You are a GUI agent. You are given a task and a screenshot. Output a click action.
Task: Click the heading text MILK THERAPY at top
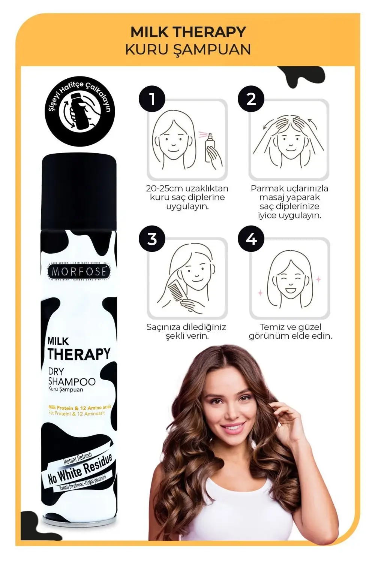pos(188,32)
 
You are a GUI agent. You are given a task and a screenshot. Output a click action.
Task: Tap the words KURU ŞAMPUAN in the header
pos(188,50)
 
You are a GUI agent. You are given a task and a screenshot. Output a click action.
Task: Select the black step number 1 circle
pos(152,99)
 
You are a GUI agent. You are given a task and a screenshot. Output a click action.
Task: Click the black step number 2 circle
pos(251,99)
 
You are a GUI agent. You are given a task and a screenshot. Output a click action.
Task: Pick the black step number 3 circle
pos(152,239)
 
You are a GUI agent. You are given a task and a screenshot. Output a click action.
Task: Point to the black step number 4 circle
pos(251,239)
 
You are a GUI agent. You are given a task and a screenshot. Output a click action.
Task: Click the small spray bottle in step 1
pos(209,148)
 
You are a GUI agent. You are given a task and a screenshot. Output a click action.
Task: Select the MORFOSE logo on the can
pos(79,271)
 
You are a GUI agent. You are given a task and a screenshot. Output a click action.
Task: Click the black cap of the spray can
pos(79,191)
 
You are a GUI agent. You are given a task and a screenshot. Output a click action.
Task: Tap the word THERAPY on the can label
pos(79,354)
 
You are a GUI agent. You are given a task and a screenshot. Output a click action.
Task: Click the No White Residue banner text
pos(80,469)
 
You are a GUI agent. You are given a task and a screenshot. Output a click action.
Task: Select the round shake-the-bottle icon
pos(79,112)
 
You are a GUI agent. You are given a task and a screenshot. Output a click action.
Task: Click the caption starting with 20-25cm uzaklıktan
pos(187,197)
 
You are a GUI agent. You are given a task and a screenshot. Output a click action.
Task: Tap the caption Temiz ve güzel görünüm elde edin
pos(290,331)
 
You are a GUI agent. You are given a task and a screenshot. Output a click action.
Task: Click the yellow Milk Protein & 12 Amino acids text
pos(79,408)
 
